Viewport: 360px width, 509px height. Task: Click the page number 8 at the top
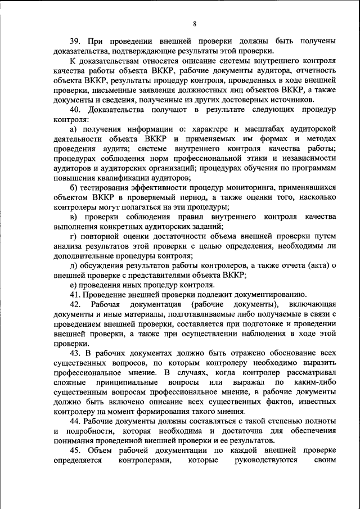(195, 24)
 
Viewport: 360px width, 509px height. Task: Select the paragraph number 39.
(76, 41)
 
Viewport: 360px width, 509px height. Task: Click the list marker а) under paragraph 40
(74, 130)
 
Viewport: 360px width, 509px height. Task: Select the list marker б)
(74, 187)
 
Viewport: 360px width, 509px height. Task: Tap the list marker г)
(73, 236)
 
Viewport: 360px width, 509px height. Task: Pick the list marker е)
(73, 285)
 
